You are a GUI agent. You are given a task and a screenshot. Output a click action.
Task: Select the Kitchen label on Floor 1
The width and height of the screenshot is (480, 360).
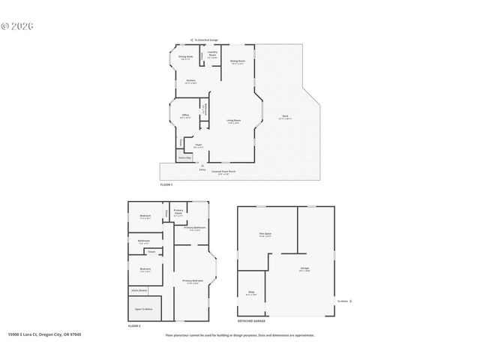(x=190, y=81)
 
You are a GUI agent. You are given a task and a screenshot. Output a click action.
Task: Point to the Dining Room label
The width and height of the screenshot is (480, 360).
(x=238, y=61)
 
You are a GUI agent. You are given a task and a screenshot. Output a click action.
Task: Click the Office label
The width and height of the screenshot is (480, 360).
(x=185, y=115)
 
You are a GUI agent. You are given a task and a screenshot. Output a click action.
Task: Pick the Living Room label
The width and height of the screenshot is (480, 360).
(x=234, y=120)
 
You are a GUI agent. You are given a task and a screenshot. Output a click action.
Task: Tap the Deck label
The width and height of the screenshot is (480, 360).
(x=285, y=116)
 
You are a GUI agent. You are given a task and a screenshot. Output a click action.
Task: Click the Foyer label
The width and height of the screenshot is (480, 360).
(x=199, y=145)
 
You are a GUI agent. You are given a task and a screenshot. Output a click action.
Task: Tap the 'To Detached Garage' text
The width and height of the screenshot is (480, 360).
(x=205, y=39)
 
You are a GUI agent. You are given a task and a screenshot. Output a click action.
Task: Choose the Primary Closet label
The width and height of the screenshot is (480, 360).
(x=178, y=211)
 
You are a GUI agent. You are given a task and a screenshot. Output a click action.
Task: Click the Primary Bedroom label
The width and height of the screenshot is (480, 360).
(x=192, y=281)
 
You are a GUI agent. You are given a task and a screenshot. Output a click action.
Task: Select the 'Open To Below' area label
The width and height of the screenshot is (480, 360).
(x=144, y=308)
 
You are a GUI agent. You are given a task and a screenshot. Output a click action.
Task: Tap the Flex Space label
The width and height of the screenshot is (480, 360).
(x=265, y=235)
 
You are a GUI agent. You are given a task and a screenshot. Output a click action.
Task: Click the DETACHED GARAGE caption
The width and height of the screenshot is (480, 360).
(x=251, y=321)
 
